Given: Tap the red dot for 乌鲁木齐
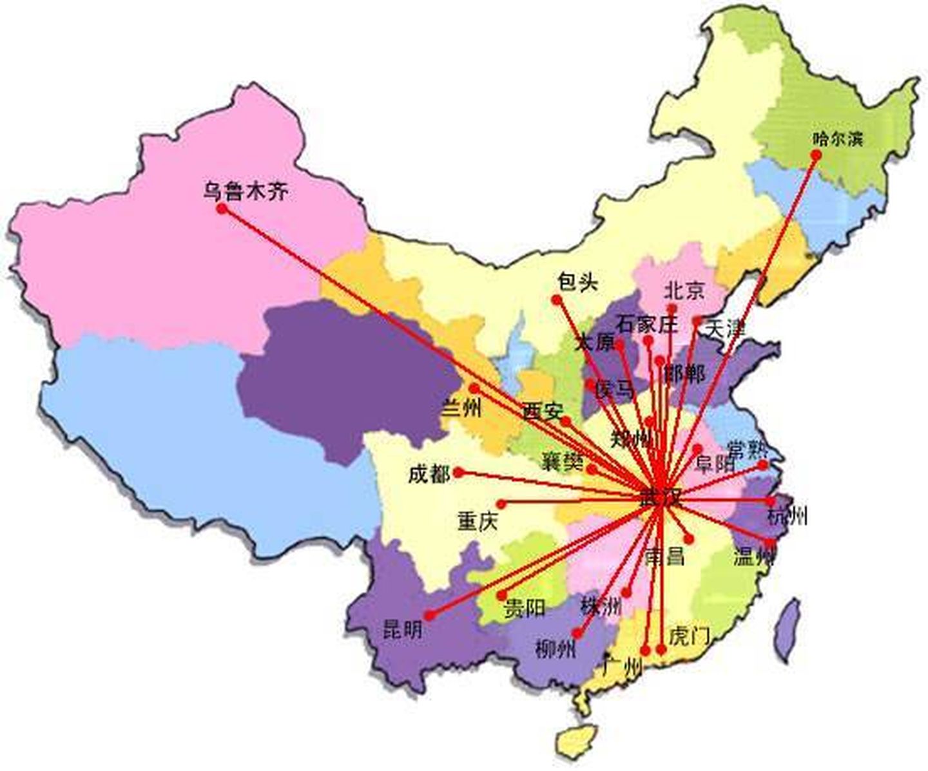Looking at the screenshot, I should coord(222,209).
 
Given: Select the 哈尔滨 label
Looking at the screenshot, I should coord(836,138).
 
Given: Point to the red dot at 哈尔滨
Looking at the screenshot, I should coord(816,155).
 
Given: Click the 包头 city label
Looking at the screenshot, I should coord(577,282).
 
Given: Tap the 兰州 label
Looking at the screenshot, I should coord(461,408).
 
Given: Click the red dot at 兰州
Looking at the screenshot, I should coord(474,388).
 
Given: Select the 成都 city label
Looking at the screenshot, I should coord(429,475).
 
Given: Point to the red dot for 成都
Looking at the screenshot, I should coord(458,472).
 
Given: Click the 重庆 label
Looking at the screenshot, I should coord(478,520).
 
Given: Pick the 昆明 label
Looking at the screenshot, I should coord(403,629).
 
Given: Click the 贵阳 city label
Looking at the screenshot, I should coord(524,607).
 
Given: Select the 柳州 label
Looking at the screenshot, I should coord(556,649).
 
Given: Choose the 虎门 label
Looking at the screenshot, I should coord(689,636).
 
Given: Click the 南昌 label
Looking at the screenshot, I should coord(664,556).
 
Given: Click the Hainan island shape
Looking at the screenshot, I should coord(575,741).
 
